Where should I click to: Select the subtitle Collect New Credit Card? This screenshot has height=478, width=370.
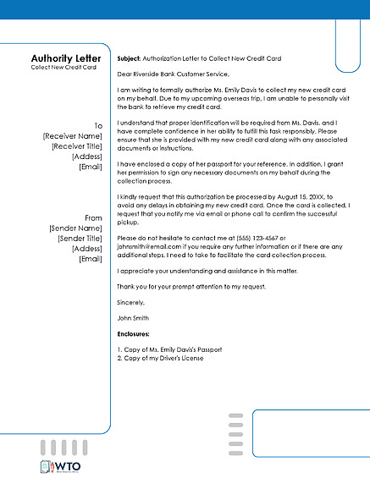pyautogui.click(x=64, y=67)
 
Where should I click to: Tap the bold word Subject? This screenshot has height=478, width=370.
pyautogui.click(x=130, y=58)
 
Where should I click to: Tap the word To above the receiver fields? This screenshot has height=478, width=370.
pyautogui.click(x=98, y=125)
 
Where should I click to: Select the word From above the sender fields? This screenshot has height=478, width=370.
pyautogui.click(x=93, y=218)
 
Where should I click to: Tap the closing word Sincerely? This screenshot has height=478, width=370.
pyautogui.click(x=131, y=302)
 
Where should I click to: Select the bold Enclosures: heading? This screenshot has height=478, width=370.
pyautogui.click(x=136, y=335)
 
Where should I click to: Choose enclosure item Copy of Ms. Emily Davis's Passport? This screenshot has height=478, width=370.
pyautogui.click(x=169, y=349)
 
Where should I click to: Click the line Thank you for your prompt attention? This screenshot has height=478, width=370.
pyautogui.click(x=192, y=286)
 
